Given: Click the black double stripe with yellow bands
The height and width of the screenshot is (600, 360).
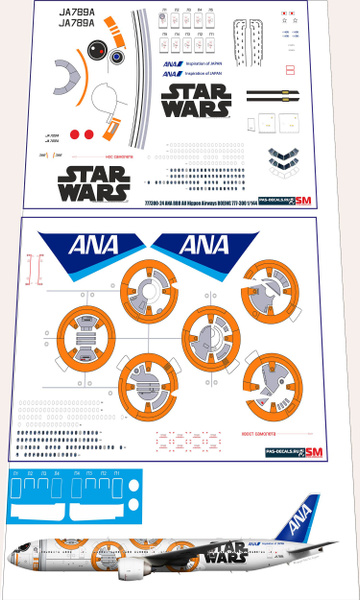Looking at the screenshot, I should pyautogui.click(x=271, y=96).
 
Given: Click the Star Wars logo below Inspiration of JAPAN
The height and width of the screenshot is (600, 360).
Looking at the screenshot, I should pyautogui.click(x=198, y=99).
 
